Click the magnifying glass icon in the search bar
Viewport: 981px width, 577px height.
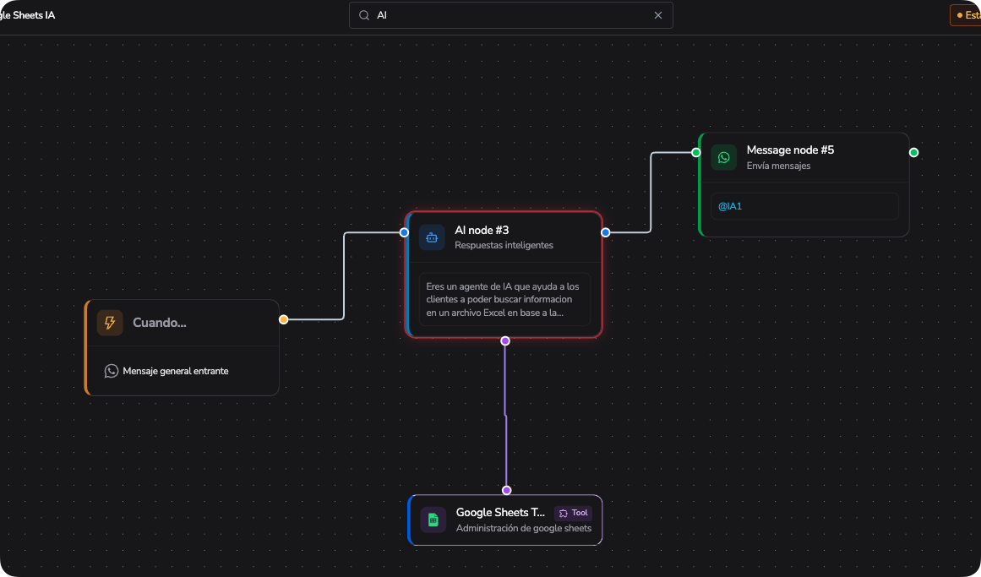364,15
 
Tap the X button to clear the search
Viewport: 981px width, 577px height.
658,15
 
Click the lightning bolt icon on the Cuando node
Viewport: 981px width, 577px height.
110,323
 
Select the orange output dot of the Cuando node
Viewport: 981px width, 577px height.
283,320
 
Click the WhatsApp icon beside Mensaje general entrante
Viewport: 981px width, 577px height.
112,371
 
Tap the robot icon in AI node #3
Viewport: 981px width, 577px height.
432,237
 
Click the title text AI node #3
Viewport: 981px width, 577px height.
482,231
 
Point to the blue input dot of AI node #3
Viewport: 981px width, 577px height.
404,233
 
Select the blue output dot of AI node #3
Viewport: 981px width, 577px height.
606,233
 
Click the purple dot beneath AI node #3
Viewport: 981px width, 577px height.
505,341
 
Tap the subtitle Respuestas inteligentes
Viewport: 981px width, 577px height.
504,245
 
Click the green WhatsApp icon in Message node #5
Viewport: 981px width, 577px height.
724,157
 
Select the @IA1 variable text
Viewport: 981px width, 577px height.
730,206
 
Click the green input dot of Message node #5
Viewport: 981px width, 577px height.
695,153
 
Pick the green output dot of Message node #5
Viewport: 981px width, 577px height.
914,153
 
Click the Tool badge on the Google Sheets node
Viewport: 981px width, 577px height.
573,513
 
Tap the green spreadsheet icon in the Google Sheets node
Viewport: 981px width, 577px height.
433,520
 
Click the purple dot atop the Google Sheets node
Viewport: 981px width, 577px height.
507,491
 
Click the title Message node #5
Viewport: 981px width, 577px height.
790,150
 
